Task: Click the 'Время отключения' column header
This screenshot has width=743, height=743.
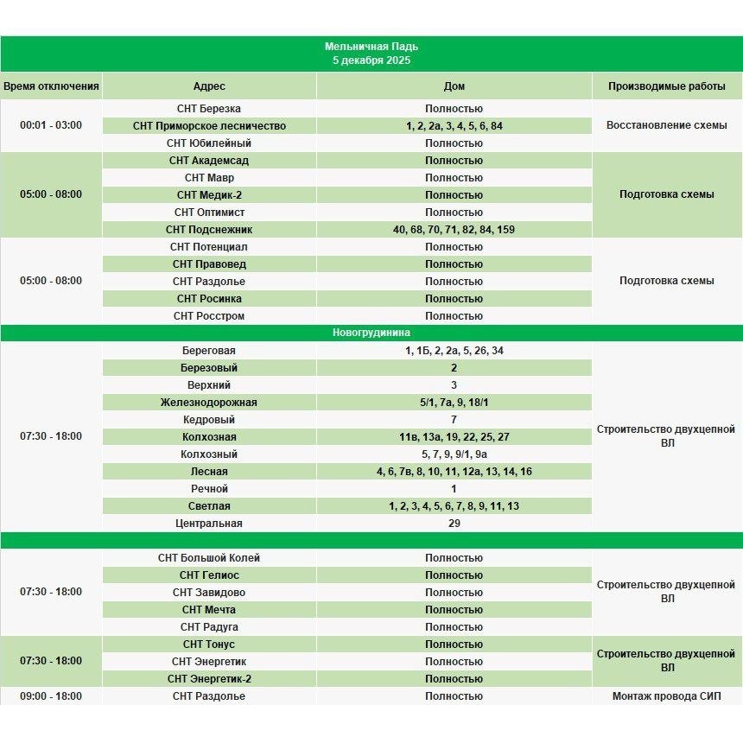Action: [x=51, y=86]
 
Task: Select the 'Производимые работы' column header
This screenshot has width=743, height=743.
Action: [x=666, y=86]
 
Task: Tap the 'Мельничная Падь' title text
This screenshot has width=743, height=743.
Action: [x=371, y=47]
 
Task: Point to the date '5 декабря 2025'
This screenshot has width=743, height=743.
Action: [x=371, y=60]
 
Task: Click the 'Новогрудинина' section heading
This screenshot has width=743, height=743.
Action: [x=371, y=333]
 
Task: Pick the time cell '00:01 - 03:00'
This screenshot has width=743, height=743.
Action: [x=51, y=125]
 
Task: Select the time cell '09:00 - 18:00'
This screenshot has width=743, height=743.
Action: [x=51, y=696]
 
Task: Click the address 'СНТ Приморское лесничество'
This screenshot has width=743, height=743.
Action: [x=209, y=126]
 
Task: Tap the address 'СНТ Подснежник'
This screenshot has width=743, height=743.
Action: [x=209, y=230]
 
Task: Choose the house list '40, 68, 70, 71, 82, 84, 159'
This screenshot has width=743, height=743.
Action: [x=454, y=230]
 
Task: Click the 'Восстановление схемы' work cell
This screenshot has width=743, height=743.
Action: [x=666, y=125]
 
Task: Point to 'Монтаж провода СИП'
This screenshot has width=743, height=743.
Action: [x=666, y=696]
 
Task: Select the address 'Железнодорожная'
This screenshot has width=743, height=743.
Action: [x=209, y=403]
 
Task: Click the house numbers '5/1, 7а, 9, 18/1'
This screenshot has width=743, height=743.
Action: [x=454, y=403]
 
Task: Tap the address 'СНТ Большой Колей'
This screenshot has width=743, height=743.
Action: [x=209, y=558]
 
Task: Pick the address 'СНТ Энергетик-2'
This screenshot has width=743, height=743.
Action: [x=209, y=679]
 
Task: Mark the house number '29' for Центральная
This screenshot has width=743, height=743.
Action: [x=454, y=524]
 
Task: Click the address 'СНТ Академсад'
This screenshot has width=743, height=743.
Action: [x=209, y=161]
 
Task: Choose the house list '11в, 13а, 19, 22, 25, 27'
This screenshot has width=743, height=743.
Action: [x=454, y=437]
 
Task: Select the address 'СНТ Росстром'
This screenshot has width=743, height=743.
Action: [x=209, y=316]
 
